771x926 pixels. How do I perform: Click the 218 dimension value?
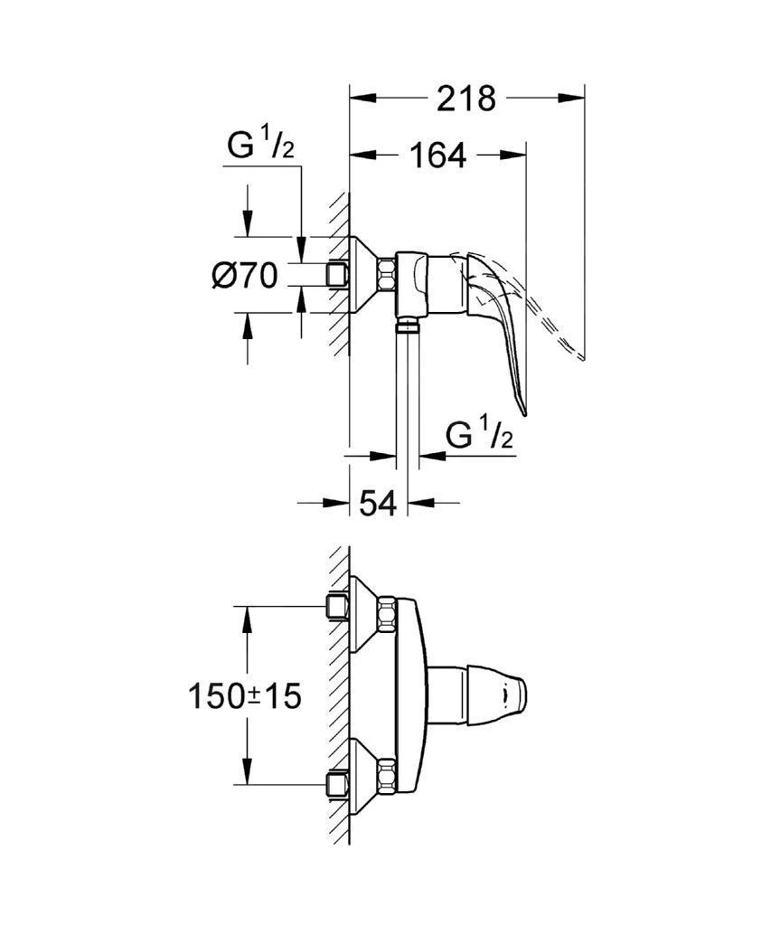point(466,98)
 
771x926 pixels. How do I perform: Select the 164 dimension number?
point(437,156)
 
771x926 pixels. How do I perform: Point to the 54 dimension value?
point(378,503)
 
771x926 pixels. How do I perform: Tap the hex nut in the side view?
point(385,274)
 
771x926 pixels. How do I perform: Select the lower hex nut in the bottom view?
point(386,775)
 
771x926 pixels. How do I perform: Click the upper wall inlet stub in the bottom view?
point(338,608)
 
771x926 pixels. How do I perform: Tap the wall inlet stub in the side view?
point(338,274)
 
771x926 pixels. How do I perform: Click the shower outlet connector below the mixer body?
point(409,322)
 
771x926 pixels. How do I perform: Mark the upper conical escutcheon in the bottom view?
point(363,612)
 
